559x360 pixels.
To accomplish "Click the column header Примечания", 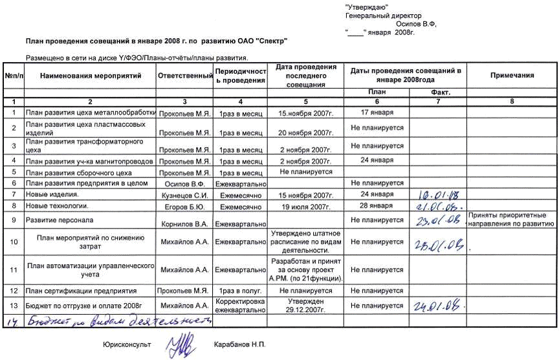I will coord(512,76).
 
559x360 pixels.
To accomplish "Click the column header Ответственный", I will coord(185,76).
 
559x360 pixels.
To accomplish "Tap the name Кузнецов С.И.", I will coord(185,195).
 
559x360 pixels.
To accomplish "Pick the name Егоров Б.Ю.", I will coord(185,207).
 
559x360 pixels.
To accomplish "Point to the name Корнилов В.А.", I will coord(185,223).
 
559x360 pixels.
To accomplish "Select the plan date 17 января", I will coord(377,112).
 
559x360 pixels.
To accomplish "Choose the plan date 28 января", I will coord(377,205).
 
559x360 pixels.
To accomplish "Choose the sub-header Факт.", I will coord(439,93).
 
